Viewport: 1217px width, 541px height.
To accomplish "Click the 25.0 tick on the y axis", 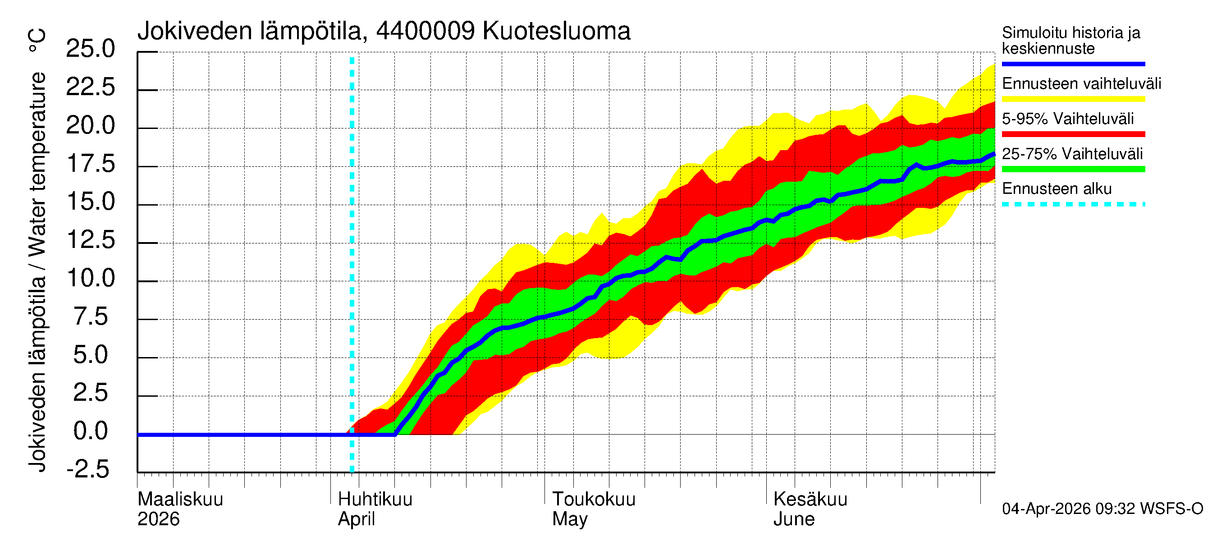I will [90, 49].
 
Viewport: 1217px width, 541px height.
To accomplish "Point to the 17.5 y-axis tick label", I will [90, 164].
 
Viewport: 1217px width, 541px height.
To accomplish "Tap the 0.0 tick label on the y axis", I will [90, 431].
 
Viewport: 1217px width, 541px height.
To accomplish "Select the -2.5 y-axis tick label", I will [88, 469].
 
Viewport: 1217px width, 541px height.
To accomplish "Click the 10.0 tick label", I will [90, 278].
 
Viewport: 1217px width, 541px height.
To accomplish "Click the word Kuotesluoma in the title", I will [556, 31].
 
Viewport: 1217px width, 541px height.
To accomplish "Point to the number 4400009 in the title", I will [425, 31].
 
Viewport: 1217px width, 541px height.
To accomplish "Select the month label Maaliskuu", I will [180, 500].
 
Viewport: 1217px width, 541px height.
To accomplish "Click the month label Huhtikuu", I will [375, 500].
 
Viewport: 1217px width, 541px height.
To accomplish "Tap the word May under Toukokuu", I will [570, 519].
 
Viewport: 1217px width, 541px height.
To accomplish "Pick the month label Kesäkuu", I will [810, 500].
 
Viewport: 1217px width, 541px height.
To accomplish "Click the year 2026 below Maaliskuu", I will [158, 519].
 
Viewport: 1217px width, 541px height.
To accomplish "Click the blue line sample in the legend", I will [1073, 64].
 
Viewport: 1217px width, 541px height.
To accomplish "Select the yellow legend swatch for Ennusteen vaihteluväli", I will [1073, 99].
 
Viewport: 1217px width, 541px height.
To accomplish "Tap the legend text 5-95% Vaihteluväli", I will [1067, 119].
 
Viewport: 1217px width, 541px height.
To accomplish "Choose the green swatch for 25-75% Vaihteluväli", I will [1073, 169].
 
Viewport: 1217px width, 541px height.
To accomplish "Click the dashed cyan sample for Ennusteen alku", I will [1073, 205].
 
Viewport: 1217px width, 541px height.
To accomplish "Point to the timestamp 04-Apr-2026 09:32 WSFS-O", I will [1102, 509].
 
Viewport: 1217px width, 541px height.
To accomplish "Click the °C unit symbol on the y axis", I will [37, 41].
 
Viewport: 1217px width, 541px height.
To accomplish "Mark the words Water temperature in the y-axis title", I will [37, 164].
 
